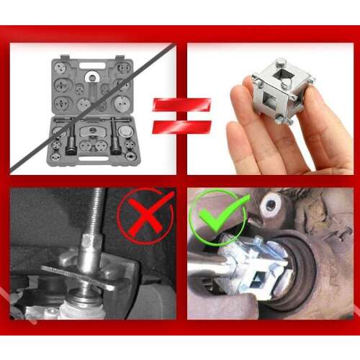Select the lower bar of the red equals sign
click(181, 127)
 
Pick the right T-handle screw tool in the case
click(114, 138)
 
